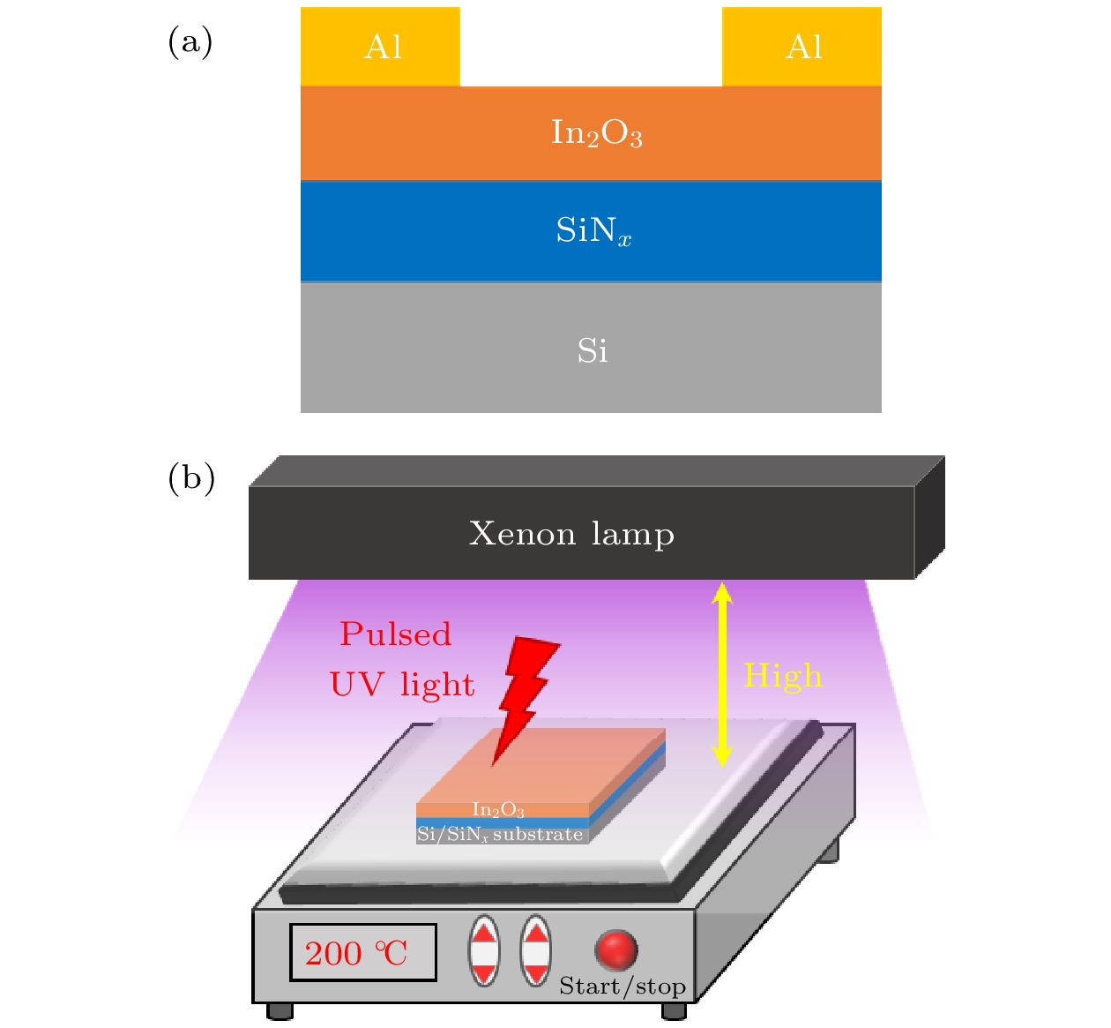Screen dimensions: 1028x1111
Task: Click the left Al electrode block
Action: pos(380,47)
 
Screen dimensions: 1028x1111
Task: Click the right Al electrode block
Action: pos(802,47)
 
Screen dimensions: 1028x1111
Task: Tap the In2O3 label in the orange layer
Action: pos(596,133)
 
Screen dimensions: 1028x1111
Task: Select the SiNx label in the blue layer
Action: pos(593,230)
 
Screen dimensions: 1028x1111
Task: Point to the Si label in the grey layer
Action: pos(592,351)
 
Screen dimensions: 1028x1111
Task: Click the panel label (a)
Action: pos(190,41)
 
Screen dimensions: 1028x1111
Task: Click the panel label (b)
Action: pos(191,477)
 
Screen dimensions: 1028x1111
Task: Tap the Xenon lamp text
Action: pos(571,534)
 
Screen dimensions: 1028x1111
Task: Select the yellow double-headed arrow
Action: pos(722,675)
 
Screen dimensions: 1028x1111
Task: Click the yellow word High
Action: pos(782,676)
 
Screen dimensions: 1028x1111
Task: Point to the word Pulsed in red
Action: pos(395,634)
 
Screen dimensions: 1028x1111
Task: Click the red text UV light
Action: pos(402,685)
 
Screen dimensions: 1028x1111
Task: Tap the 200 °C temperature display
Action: pos(362,953)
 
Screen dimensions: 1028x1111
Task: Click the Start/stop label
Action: pos(623,987)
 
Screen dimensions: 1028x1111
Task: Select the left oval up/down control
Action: pos(484,951)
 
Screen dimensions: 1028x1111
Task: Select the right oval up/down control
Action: pos(535,951)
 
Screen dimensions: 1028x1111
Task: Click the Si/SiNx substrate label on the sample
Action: pos(500,835)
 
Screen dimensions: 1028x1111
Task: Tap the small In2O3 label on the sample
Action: pos(498,809)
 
